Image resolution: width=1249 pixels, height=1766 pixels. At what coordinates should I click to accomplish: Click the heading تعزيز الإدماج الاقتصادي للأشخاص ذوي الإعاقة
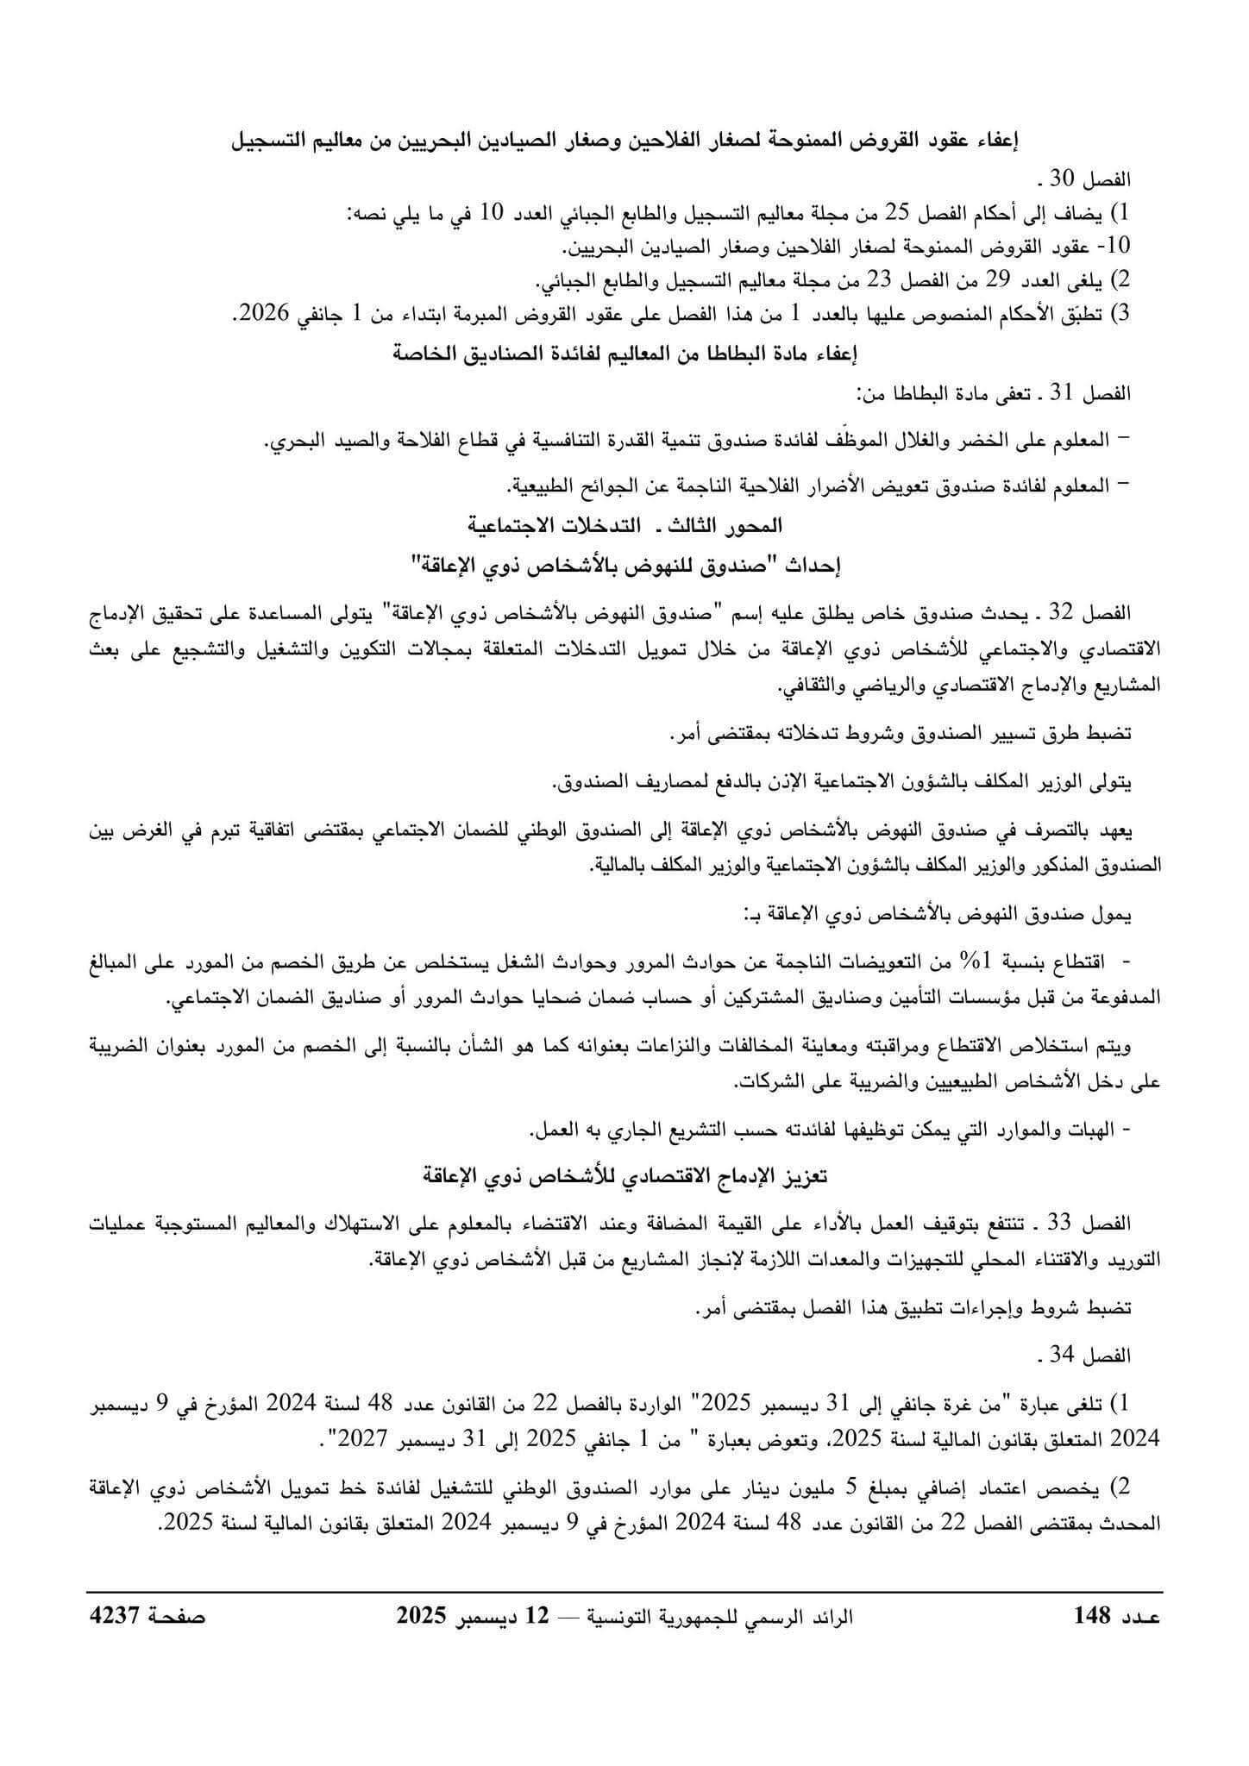pyautogui.click(x=624, y=1176)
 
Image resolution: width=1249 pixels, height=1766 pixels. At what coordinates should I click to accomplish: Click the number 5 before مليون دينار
pyautogui.click(x=850, y=1486)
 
